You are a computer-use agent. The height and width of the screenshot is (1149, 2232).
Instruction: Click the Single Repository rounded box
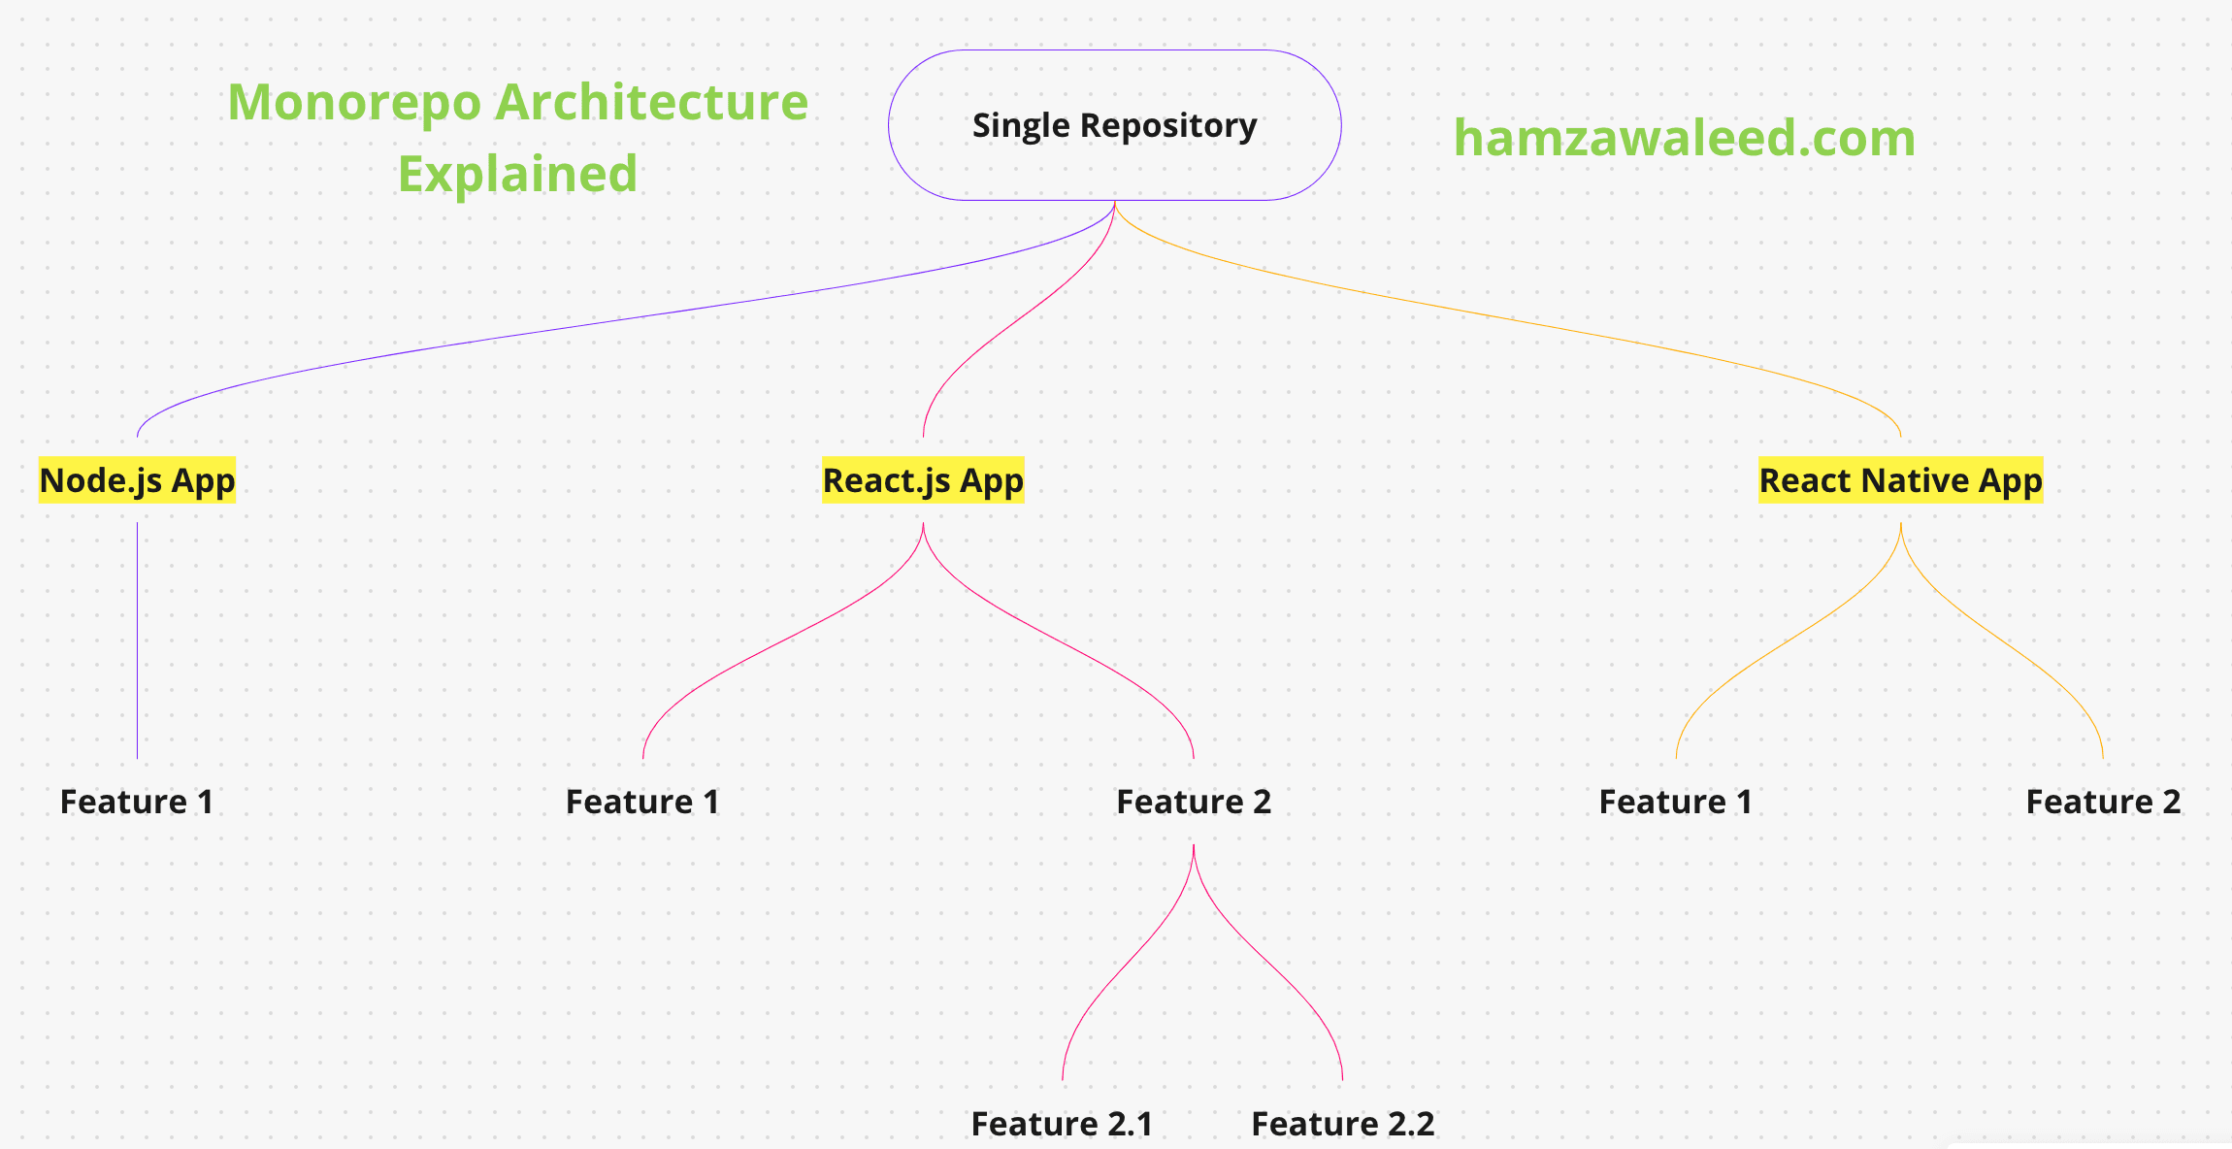[1114, 125]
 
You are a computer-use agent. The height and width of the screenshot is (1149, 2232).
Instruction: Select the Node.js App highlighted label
[137, 480]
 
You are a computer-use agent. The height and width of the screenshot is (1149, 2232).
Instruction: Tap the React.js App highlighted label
[923, 480]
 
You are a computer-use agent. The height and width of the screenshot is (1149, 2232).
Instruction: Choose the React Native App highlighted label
[1900, 480]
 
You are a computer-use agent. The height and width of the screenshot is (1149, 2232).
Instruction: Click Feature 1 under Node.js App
[137, 802]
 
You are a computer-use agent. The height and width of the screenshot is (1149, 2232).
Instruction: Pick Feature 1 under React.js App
[642, 802]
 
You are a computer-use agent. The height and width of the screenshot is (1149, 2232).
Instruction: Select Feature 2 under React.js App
[1193, 802]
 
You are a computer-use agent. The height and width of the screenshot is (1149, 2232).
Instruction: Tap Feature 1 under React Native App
[1676, 802]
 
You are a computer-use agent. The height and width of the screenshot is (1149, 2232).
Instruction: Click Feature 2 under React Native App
[2103, 802]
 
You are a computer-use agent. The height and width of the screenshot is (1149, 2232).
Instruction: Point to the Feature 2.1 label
[1062, 1123]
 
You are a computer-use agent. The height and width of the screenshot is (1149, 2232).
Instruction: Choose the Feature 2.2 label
[1342, 1123]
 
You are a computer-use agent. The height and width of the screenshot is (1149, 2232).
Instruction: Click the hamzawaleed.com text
[1684, 138]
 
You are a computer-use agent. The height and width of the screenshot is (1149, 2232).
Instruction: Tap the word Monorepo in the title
[354, 103]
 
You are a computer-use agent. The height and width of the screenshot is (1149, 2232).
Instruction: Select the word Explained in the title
[517, 175]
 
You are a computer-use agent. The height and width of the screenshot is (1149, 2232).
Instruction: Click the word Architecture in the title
[651, 103]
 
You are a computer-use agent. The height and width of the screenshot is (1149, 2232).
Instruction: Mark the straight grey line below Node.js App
[137, 640]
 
